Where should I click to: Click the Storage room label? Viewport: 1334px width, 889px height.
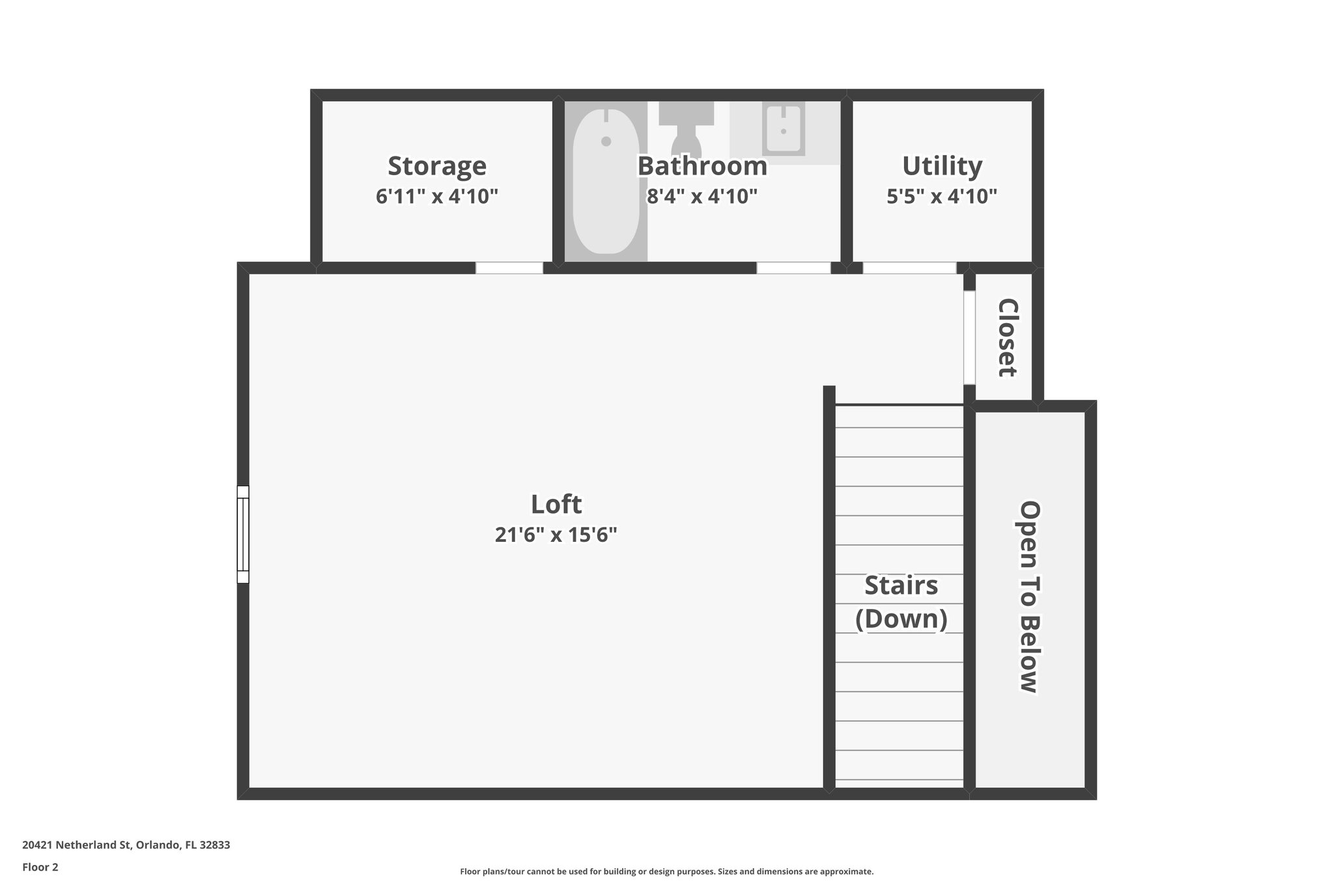pos(436,166)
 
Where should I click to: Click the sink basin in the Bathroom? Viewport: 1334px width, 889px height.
pos(783,128)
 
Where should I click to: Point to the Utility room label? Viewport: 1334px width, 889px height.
pos(942,166)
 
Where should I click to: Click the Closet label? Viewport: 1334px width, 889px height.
pos(1007,337)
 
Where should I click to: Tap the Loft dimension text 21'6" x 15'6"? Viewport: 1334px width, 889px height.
pos(556,535)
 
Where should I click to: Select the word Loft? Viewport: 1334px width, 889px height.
pos(556,504)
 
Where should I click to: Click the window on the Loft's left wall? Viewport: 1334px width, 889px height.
pos(243,534)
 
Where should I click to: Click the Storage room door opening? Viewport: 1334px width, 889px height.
pos(509,268)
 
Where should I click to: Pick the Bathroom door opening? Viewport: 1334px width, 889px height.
pos(793,268)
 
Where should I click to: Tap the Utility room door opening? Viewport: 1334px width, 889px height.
pos(909,268)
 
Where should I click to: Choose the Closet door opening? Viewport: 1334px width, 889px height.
pos(969,337)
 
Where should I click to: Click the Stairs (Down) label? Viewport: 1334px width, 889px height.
pos(901,602)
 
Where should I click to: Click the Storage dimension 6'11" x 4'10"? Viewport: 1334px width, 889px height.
pos(436,196)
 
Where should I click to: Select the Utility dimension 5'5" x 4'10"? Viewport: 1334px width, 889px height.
pos(942,196)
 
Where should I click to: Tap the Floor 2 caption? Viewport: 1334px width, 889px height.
pos(40,867)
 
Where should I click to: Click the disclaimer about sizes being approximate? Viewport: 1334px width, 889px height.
pos(666,871)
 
